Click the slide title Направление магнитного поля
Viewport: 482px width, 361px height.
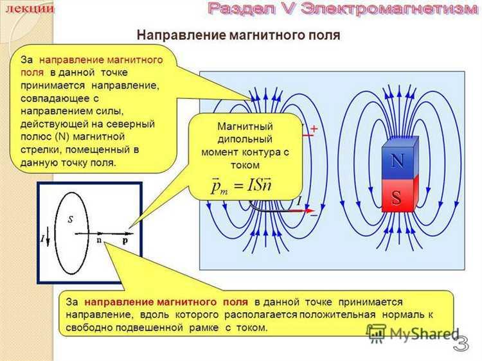238,36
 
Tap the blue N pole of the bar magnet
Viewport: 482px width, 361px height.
397,161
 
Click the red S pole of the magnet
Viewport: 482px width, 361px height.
396,196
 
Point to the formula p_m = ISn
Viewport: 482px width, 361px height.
242,187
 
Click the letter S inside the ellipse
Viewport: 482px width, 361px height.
70,218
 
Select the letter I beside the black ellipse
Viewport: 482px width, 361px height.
42,239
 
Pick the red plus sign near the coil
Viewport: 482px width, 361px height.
314,128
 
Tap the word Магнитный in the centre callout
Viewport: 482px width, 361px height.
244,126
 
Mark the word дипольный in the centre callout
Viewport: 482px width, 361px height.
244,138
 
